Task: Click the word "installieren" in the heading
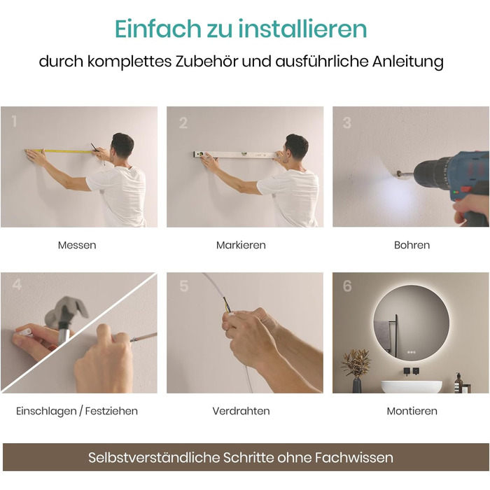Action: tap(302, 29)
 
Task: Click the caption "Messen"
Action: tap(77, 245)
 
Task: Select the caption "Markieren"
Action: tap(241, 245)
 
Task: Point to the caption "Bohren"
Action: tap(412, 245)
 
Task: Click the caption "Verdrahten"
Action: tap(241, 411)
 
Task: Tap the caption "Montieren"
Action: tap(412, 411)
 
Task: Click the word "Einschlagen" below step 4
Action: tap(46, 412)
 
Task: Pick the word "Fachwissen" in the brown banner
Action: tap(353, 458)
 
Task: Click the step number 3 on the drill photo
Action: tap(347, 122)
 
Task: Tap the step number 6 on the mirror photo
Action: tap(347, 286)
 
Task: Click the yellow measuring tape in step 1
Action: tap(60, 151)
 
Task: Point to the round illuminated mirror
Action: tap(412, 323)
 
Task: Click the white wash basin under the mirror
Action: tap(412, 386)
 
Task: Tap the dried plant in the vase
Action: tap(356, 362)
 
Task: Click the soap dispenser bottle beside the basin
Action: tap(458, 383)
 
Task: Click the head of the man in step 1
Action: tap(122, 146)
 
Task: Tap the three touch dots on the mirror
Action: tap(412, 352)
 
